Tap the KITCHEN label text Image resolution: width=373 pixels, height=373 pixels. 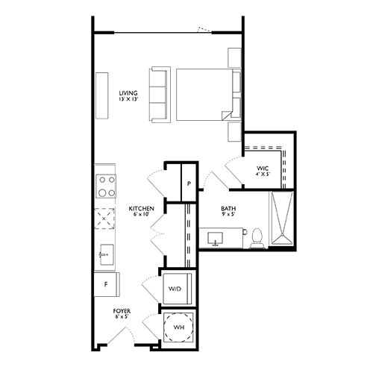(141, 208)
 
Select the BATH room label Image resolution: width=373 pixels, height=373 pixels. (228, 208)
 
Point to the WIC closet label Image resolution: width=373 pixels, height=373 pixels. (261, 169)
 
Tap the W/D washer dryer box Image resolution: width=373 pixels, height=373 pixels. (177, 288)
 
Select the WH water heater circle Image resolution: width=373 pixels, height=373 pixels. (179, 326)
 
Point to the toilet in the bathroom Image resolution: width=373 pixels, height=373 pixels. (257, 236)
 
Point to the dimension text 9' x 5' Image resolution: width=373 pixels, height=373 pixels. (228, 216)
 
